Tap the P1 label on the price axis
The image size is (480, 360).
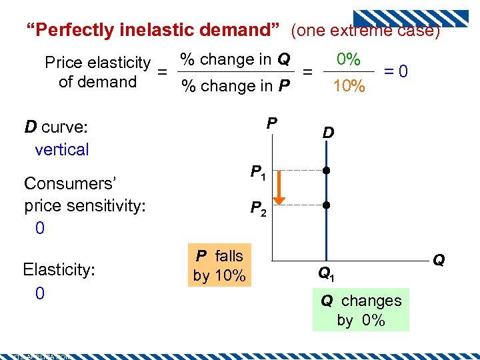click(x=257, y=173)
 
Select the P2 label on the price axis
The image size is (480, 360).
click(x=258, y=209)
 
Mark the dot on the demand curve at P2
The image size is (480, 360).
click(x=326, y=205)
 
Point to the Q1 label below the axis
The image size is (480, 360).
click(x=326, y=273)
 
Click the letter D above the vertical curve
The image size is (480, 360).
click(x=328, y=134)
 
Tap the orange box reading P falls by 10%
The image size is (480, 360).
click(x=219, y=266)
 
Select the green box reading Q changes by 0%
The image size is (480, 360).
click(x=361, y=310)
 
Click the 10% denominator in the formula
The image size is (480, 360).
click(x=349, y=86)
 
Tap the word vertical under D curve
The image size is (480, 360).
click(x=61, y=149)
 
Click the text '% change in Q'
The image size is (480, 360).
click(x=235, y=59)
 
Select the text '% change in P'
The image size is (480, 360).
click(x=235, y=86)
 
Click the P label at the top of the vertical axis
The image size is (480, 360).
click(x=271, y=123)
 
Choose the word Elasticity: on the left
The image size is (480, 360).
click(x=59, y=269)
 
